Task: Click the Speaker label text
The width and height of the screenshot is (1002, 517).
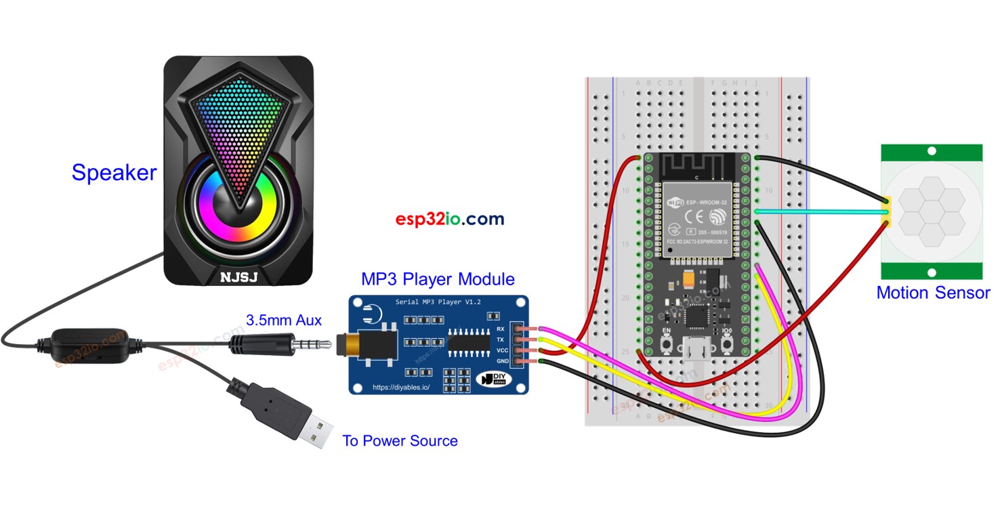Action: [114, 173]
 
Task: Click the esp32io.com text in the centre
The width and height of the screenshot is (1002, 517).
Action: [450, 219]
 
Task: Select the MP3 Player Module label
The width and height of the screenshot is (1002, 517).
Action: [438, 279]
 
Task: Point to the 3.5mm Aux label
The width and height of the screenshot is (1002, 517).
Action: [283, 320]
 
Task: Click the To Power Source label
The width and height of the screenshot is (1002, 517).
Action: [400, 441]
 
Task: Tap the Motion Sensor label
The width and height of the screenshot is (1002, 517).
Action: [933, 293]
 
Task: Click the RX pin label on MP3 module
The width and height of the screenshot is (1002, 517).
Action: [501, 329]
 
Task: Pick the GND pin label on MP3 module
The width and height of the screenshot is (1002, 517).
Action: [501, 361]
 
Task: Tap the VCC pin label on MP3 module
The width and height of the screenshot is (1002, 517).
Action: [501, 350]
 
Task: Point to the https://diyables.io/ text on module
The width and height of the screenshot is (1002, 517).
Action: [406, 388]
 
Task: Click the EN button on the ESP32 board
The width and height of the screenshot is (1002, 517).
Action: [667, 343]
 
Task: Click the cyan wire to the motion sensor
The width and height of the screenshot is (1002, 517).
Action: [820, 211]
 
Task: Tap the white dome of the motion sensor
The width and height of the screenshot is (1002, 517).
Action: [931, 211]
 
